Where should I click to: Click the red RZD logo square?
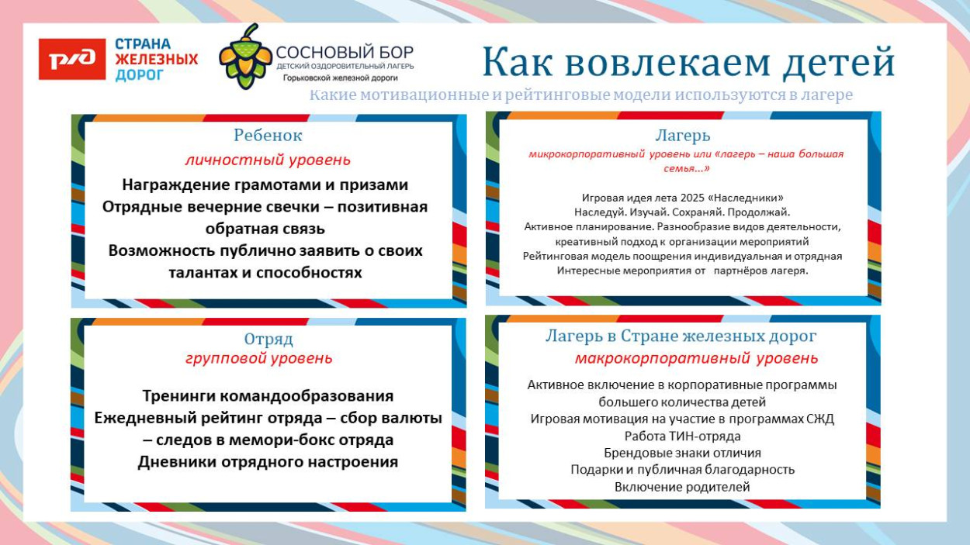click(x=72, y=59)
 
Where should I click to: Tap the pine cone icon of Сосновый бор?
click(x=245, y=56)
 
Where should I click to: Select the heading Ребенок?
click(x=268, y=135)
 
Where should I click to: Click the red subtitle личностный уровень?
click(x=268, y=160)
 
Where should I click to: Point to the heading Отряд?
click(x=268, y=339)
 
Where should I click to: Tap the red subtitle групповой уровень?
click(x=258, y=358)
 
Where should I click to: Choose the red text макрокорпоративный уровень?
click(x=696, y=358)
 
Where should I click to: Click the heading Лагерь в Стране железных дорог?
click(x=681, y=336)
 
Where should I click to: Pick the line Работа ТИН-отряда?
click(x=682, y=436)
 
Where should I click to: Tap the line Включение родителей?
click(x=682, y=487)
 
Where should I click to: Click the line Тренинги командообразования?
click(x=268, y=395)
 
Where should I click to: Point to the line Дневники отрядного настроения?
click(x=268, y=462)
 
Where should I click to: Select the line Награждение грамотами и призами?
click(x=265, y=185)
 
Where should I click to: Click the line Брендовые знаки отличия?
click(x=682, y=453)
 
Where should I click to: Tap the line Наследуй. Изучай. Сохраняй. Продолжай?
click(x=682, y=212)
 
